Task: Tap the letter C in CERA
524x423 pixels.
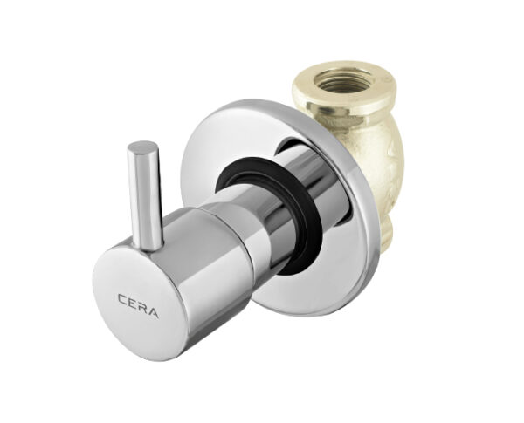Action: click(122, 298)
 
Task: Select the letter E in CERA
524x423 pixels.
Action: click(132, 304)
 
